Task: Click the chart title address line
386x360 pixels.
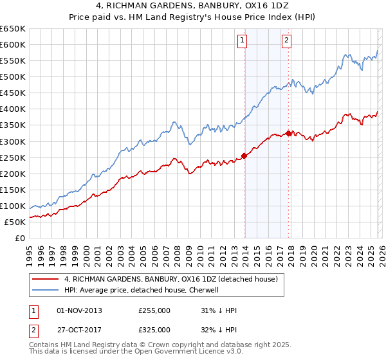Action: click(x=192, y=6)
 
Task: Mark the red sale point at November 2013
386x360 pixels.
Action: click(x=244, y=155)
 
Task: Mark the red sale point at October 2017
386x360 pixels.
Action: click(x=289, y=132)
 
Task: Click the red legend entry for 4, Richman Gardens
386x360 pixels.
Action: click(x=170, y=279)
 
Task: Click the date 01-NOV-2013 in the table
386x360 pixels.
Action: click(x=79, y=310)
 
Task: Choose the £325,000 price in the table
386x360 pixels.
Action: click(x=154, y=329)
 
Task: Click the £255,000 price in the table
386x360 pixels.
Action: click(x=154, y=310)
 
